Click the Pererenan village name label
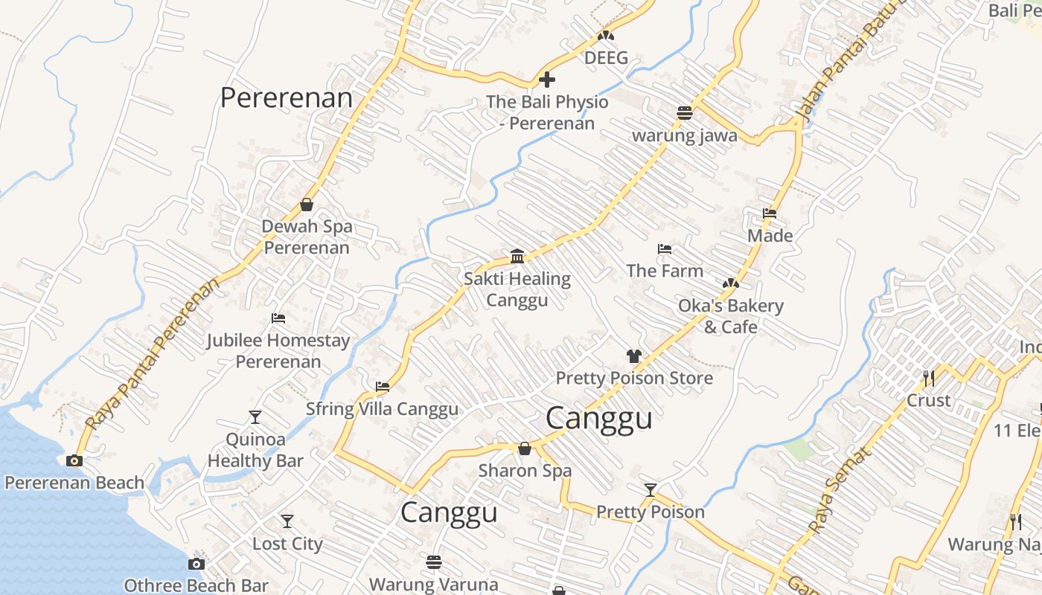287,98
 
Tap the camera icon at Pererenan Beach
74,460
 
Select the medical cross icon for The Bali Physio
547,79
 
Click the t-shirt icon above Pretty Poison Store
633,356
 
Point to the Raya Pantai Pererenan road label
152,354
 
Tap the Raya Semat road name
838,491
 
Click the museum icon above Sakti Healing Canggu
517,257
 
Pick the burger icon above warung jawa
685,112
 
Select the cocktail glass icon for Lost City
287,521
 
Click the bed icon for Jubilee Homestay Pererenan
278,318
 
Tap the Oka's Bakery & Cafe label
730,316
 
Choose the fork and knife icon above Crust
928,379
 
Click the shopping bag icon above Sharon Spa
525,448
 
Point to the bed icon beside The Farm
665,249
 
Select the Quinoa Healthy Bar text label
255,450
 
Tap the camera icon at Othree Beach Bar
196,564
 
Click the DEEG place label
606,58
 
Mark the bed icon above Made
770,213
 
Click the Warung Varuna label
434,585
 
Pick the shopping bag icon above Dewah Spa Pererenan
307,205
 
